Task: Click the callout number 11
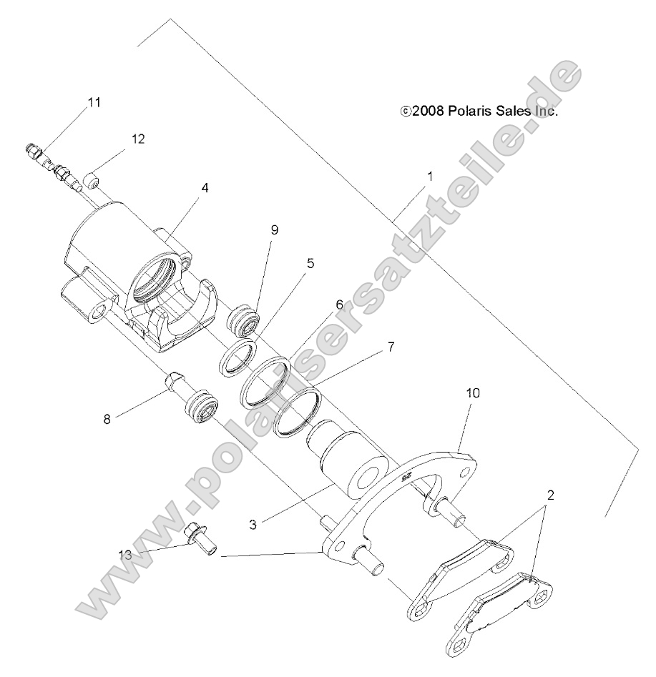[94, 102]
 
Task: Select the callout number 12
[137, 139]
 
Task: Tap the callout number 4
[205, 188]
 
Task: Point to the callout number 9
[274, 229]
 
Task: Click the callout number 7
[391, 347]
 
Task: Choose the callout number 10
[474, 392]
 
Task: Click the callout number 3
[254, 523]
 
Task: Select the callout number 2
[549, 494]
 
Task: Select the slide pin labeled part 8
[175, 387]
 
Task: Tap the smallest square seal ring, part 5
[238, 355]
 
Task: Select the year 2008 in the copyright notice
[429, 111]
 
